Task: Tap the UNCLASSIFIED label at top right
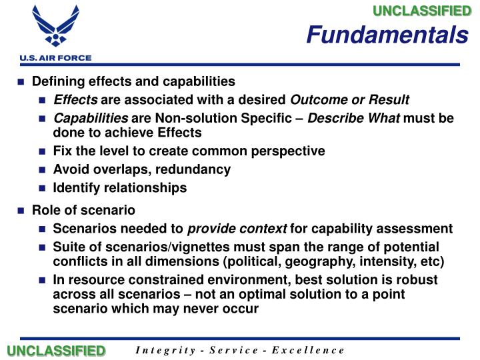[x=421, y=10]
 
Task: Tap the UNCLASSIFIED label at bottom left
[x=56, y=351]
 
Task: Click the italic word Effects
[x=75, y=100]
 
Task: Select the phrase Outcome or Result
[x=350, y=100]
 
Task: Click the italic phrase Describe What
[x=353, y=118]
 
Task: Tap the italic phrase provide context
[x=237, y=229]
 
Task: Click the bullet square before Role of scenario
[x=21, y=211]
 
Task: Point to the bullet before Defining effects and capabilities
[x=21, y=82]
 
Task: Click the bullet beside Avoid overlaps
[x=42, y=170]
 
